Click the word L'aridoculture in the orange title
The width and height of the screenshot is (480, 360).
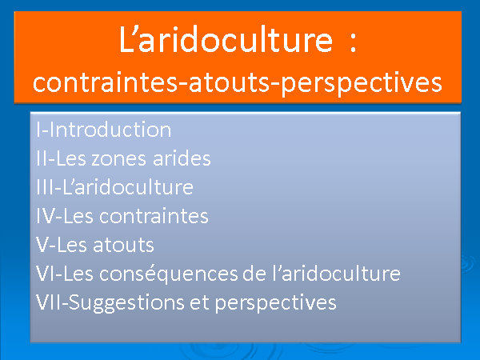coord(226,39)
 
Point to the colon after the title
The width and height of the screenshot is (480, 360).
coord(353,42)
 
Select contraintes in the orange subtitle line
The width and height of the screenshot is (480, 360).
coord(105,82)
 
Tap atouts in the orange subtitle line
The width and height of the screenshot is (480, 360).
coord(229,82)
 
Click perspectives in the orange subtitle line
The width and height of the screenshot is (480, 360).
coord(362,84)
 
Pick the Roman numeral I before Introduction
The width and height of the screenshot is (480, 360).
coord(38,130)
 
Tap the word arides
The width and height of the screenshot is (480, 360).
coord(182,158)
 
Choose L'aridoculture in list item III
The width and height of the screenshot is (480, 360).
coord(128,187)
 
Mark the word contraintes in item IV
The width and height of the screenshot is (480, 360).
coord(154,216)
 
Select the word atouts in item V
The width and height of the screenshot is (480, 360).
coord(123,246)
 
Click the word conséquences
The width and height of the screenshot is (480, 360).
coord(168,274)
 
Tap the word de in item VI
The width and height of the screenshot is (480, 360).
coord(254,274)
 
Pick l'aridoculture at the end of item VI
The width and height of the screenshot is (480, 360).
coord(336,274)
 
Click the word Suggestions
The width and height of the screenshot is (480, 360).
coord(126,303)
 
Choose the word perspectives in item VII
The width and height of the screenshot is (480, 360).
coord(275,304)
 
